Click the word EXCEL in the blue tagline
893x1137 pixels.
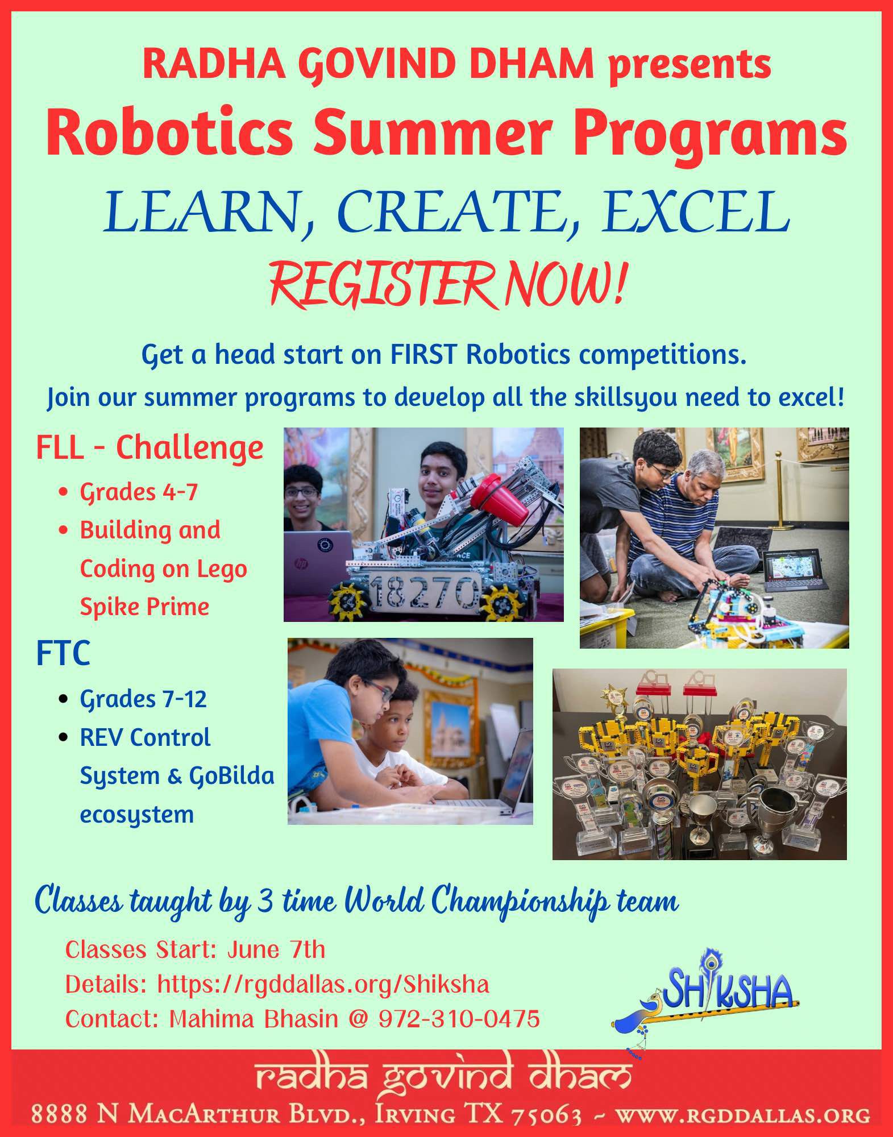click(696, 211)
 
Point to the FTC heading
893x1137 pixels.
click(63, 653)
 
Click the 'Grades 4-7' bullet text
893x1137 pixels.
click(138, 492)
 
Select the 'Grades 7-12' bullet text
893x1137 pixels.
click(143, 699)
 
